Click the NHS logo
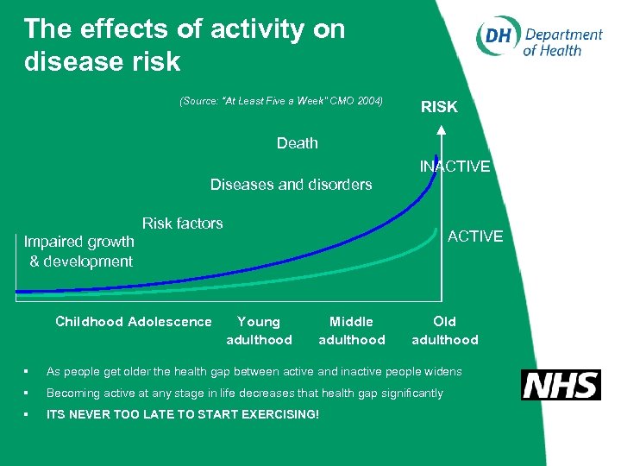[561, 385]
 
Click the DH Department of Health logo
[539, 39]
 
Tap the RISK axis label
[439, 107]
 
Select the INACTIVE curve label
[455, 167]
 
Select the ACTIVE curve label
[474, 236]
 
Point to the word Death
[297, 143]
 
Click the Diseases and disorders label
[291, 184]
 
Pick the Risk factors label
[182, 224]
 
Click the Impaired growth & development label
[79, 251]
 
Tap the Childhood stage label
[89, 322]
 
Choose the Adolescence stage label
[169, 322]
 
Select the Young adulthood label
[259, 331]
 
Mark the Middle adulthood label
[351, 331]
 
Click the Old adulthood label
[444, 331]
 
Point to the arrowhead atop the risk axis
[441, 129]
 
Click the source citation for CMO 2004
[280, 101]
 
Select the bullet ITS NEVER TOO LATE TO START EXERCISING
[182, 415]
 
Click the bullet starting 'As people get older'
[254, 371]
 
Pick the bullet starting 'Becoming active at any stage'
[244, 393]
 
